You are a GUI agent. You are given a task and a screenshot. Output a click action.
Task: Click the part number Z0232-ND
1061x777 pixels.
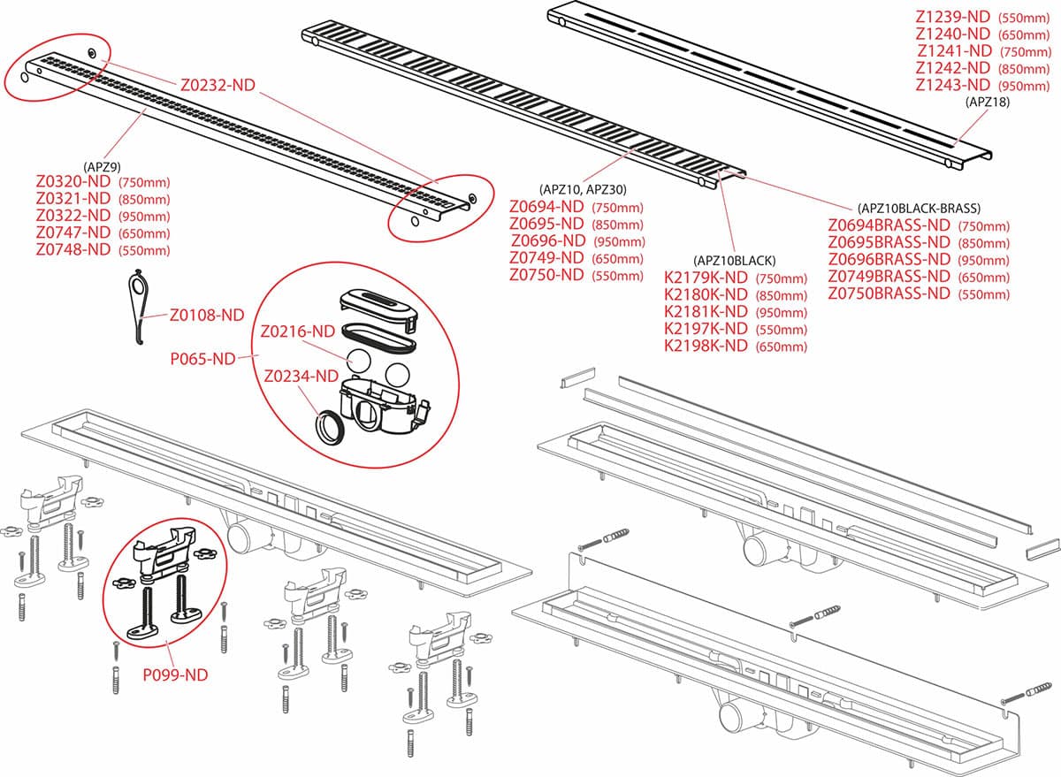point(218,86)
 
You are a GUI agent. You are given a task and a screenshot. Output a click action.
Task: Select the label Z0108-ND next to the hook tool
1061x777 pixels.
point(206,314)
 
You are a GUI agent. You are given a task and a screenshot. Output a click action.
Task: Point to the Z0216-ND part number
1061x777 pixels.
point(297,331)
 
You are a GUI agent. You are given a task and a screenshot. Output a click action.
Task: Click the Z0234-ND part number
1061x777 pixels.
point(301,376)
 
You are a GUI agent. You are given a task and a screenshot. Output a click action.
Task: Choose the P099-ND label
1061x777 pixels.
point(175,674)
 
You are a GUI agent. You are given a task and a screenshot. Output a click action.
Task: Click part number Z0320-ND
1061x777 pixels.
point(73,182)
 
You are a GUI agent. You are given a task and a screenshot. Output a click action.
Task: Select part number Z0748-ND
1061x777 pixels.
point(73,249)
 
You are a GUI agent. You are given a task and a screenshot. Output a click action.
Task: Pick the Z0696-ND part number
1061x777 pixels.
point(547,241)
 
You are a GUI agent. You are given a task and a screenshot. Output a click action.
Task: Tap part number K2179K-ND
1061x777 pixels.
point(706,278)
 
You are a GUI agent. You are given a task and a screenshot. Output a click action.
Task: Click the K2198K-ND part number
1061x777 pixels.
point(706,346)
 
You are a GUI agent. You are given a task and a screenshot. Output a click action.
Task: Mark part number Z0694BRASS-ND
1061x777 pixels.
point(889,225)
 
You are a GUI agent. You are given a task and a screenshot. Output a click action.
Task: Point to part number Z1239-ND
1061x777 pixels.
point(952,17)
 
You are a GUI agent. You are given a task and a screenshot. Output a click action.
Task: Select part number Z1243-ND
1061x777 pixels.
point(952,85)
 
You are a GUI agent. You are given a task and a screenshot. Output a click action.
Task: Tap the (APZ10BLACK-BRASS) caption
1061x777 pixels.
point(919,209)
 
